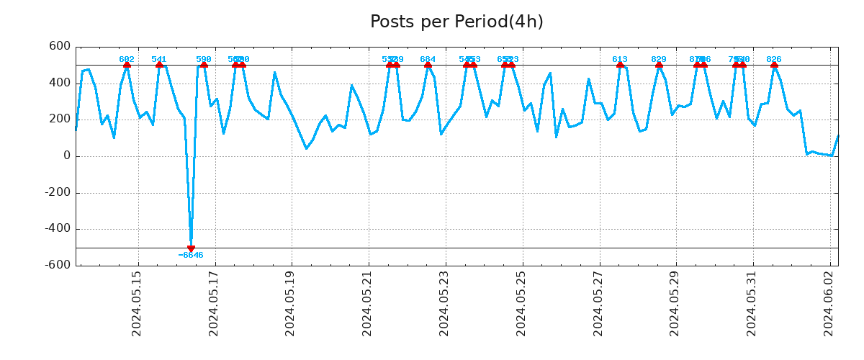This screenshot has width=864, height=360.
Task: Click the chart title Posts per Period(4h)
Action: pyautogui.click(x=456, y=22)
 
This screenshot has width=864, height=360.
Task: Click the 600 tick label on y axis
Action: pyautogui.click(x=59, y=47)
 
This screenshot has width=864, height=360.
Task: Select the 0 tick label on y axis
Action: pyautogui.click(x=66, y=156)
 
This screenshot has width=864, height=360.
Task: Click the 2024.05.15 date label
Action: pyautogui.click(x=137, y=303)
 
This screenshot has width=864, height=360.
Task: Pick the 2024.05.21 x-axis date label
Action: pyautogui.click(x=367, y=303)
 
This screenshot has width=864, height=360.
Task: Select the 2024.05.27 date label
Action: pyautogui.click(x=598, y=303)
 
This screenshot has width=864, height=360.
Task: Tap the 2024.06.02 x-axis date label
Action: pyautogui.click(x=829, y=303)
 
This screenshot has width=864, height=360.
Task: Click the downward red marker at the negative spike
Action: pyautogui.click(x=191, y=248)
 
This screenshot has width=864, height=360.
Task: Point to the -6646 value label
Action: pyautogui.click(x=191, y=256)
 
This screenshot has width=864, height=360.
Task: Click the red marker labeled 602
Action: pyautogui.click(x=127, y=65)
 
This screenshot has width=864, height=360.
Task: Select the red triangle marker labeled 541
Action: pyautogui.click(x=159, y=65)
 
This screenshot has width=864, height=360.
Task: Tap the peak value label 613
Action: pyautogui.click(x=620, y=59)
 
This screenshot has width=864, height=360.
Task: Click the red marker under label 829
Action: pyautogui.click(x=659, y=65)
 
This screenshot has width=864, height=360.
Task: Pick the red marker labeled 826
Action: pyautogui.click(x=774, y=65)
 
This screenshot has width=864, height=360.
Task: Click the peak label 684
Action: pyautogui.click(x=428, y=59)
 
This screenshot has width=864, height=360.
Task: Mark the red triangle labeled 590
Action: pyautogui.click(x=204, y=65)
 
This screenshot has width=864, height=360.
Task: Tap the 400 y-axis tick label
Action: pyautogui.click(x=59, y=84)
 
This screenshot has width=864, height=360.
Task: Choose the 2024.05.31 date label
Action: pyautogui.click(x=752, y=303)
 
